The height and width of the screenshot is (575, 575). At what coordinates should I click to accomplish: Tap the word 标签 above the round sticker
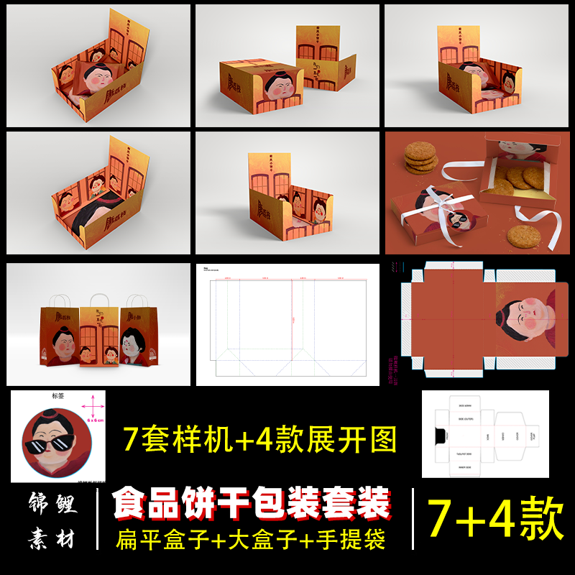[x=59, y=395]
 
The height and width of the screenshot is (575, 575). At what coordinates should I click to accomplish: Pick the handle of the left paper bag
[x=57, y=302]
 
